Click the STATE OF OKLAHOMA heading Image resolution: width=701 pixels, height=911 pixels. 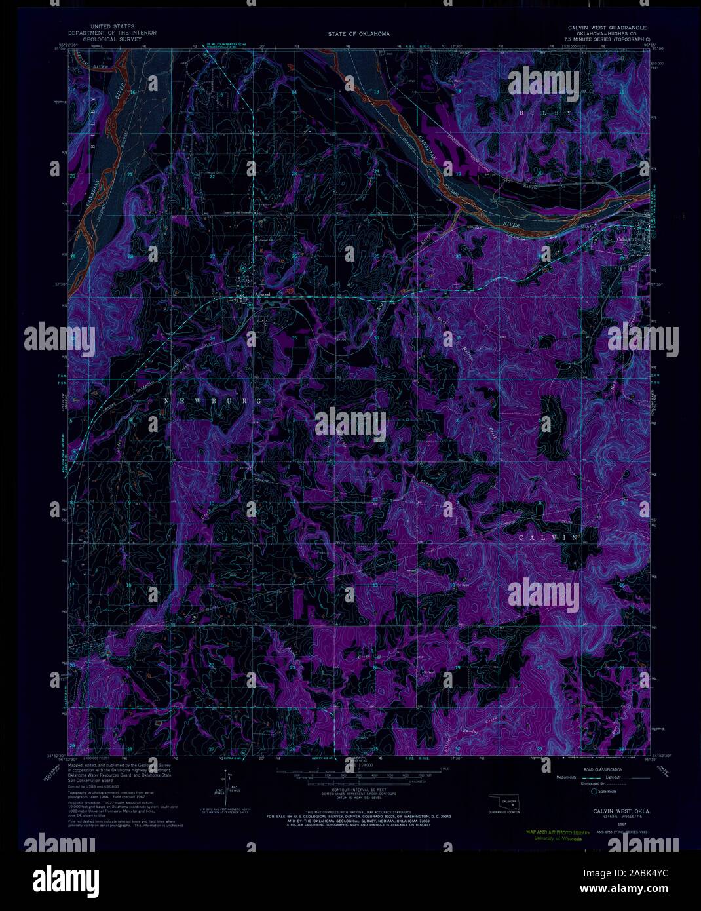[358, 33]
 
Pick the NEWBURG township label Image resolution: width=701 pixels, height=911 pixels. [213, 400]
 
